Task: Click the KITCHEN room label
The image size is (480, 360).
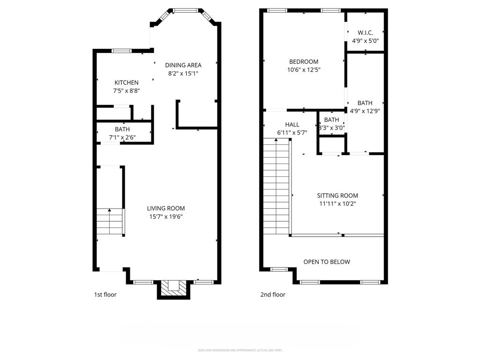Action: pos(126,82)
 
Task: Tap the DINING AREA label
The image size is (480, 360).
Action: pos(183,65)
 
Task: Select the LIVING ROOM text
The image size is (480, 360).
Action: pos(166,208)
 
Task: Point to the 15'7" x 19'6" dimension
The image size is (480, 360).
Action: pos(166,217)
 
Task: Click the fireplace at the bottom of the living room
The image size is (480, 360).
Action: pos(173,289)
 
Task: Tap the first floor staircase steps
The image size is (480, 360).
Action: pos(110,222)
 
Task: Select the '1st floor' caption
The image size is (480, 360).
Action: pos(105,295)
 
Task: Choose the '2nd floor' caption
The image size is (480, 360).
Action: pos(273,295)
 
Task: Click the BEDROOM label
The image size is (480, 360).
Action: pos(304,61)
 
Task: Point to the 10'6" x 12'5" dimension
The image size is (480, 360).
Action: pos(304,70)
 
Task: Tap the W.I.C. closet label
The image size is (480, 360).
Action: pos(365,32)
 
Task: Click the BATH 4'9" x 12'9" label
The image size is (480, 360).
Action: pos(365,107)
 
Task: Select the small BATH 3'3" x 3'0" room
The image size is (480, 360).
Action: pos(331,124)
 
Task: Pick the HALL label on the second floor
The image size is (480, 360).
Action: pos(292,125)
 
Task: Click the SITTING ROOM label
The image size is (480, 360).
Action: pos(337,195)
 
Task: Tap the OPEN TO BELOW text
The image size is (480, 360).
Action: pos(327,262)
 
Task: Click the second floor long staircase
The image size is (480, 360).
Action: pos(276,187)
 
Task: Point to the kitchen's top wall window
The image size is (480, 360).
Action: pos(121,50)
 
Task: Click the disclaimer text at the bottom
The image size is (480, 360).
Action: pos(240,350)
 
